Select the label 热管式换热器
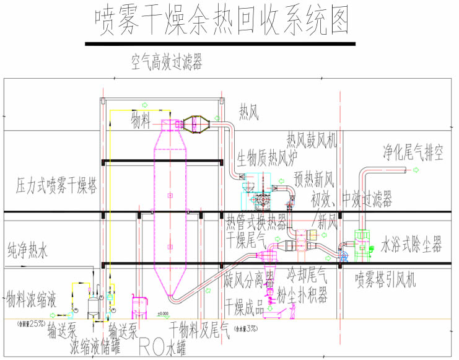(256, 221)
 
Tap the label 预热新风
(314, 180)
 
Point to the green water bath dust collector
(362, 243)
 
